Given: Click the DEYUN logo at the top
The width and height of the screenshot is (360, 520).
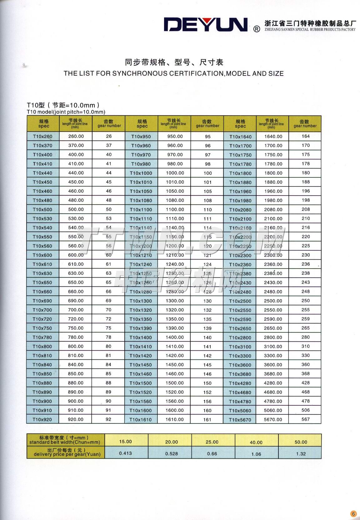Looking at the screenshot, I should coord(206,25).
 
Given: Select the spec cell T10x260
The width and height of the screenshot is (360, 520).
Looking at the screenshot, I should coord(42,136).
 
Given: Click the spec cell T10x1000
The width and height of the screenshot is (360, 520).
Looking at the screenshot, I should coord(141,173).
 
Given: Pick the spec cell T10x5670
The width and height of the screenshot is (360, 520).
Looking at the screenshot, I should coord(240,420).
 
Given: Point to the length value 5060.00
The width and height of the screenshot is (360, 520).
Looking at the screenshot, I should coord(273,410).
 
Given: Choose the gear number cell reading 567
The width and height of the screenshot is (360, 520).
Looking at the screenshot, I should coord(306,419).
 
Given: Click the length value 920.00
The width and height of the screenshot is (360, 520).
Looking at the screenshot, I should coord(76,419).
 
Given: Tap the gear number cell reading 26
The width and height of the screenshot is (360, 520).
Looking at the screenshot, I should coord(109,136).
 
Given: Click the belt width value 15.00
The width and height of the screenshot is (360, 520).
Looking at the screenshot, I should coord(126,442).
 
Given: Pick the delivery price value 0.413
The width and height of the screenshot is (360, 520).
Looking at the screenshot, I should coord(126,453).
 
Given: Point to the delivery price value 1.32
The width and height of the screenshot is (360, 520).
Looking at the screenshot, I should coord(301,454).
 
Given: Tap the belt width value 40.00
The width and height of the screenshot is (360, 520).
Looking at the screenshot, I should coord(256,442).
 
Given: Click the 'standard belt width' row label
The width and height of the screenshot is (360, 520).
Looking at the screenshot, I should coord(65,440).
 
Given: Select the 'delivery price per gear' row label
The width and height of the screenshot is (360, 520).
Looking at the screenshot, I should coord(65,452).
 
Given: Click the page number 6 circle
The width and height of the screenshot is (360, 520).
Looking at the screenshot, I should coord(353,514).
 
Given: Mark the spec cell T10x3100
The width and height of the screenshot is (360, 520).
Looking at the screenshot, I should coord(240,347).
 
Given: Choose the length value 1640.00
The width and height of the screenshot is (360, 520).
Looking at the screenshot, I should coord(273,136).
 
